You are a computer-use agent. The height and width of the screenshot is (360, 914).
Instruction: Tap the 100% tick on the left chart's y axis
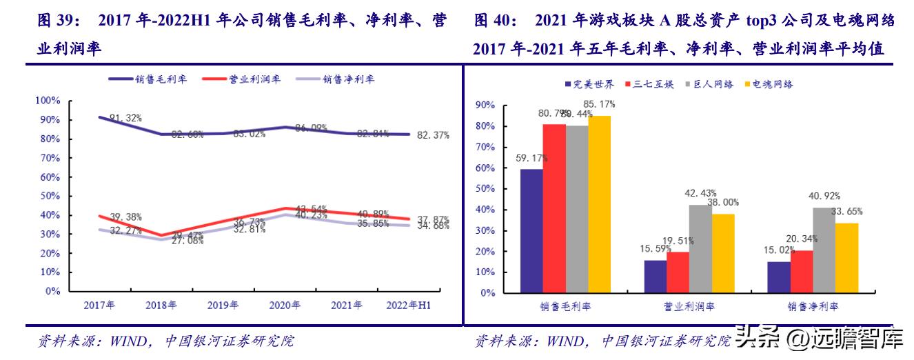48,101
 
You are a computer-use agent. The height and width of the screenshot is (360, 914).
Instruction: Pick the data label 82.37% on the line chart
434,135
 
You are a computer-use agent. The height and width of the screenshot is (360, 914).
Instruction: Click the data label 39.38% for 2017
125,217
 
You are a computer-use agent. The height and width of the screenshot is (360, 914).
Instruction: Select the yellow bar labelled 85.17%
598,203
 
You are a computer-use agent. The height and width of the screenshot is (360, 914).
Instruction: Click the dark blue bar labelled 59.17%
531,230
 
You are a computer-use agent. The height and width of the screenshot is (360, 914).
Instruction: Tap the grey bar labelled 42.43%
700,248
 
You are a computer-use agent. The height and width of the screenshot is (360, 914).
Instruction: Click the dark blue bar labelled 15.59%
655,276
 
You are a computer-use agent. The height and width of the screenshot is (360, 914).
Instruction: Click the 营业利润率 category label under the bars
689,306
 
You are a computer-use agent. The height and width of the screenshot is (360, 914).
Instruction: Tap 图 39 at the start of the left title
55,21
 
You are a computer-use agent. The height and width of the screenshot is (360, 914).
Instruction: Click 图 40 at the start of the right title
494,21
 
